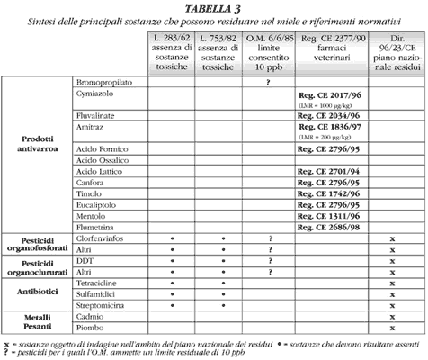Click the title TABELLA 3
coord(214,7)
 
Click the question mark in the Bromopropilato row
coord(268,82)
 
